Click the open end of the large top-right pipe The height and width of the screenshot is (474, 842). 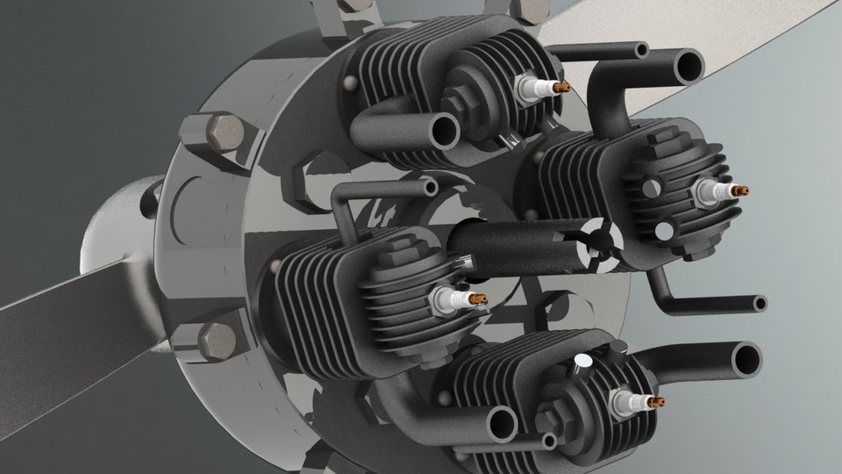click(688, 66)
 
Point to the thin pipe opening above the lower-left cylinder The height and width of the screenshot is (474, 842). click(430, 186)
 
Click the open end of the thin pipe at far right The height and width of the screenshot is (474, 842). click(760, 304)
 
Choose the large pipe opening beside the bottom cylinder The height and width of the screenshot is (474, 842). click(746, 359)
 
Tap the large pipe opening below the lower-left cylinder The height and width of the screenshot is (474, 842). click(502, 424)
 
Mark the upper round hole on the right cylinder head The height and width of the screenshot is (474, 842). click(650, 187)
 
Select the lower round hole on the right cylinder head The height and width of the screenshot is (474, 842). click(665, 231)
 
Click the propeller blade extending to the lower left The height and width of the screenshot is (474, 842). click(70, 334)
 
